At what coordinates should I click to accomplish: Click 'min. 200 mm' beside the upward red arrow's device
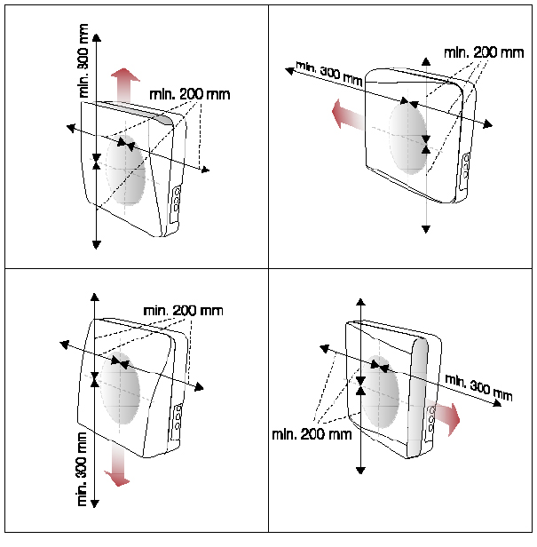coord(188,94)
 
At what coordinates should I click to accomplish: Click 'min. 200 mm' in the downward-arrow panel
coord(183,311)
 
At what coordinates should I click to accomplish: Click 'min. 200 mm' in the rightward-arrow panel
coord(312,434)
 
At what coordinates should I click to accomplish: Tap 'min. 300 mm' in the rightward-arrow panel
coord(478,387)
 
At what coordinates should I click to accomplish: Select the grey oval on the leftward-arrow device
coord(410,136)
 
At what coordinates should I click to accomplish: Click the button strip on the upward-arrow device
coord(176,201)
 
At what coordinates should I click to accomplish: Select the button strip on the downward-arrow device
coord(179,416)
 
